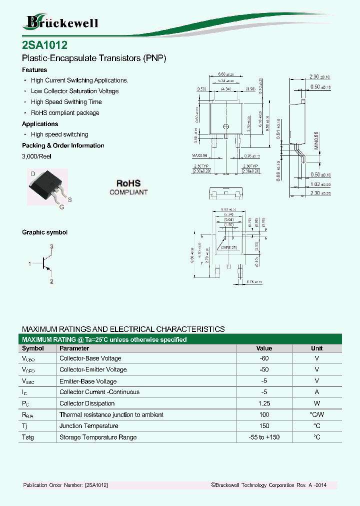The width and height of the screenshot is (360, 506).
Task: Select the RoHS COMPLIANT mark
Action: (128, 187)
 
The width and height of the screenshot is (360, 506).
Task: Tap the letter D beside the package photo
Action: (33, 173)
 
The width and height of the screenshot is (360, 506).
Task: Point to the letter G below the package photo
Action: (61, 206)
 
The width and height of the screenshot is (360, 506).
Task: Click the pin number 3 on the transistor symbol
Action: (51, 247)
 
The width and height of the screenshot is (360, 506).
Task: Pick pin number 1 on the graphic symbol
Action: (30, 263)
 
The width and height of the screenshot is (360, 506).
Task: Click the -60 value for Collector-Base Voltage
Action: (264, 358)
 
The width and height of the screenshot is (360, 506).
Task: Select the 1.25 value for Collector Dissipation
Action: (264, 403)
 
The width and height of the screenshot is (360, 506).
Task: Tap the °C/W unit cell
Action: (316, 414)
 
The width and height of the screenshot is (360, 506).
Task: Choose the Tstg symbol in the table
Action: (28, 437)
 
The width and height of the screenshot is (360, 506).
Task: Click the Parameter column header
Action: (74, 348)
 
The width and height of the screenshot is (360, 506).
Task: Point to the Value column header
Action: (264, 348)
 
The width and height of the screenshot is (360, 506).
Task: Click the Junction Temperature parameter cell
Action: (89, 426)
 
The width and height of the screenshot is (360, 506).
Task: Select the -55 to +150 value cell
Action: (264, 437)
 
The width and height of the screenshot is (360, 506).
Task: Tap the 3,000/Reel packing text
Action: (36, 156)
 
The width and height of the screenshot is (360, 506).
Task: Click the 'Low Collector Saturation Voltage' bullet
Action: (74, 91)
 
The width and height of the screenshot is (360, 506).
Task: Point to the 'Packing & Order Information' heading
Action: (63, 145)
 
